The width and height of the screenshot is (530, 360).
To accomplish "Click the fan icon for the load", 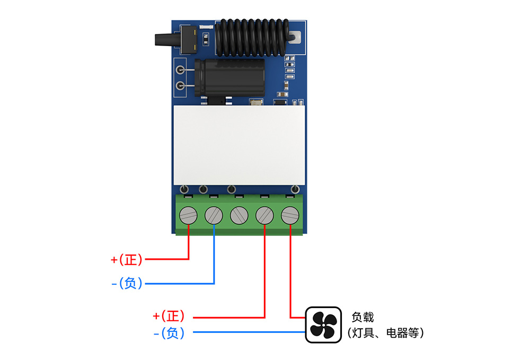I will pyautogui.click(x=323, y=324).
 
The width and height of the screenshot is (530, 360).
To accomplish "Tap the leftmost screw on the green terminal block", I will pyautogui.click(x=188, y=215).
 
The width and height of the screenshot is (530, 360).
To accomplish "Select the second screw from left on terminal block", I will pyautogui.click(x=214, y=215).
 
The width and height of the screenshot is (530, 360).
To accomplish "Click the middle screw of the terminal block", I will pyautogui.click(x=239, y=215).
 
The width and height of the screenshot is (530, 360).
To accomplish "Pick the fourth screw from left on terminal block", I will pyautogui.click(x=264, y=215).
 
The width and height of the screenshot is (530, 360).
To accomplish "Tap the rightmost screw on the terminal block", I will pyautogui.click(x=290, y=215).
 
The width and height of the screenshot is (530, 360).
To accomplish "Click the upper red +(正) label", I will pyautogui.click(x=127, y=259).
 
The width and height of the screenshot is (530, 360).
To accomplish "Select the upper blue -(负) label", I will pyautogui.click(x=127, y=283).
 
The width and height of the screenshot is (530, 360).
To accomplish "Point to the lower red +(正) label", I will pyautogui.click(x=169, y=317).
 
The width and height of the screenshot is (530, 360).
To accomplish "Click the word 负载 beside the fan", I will pyautogui.click(x=363, y=317).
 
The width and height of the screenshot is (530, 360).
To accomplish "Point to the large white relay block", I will pyautogui.click(x=240, y=144).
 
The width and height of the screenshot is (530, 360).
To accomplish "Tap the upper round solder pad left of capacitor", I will pyautogui.click(x=181, y=69).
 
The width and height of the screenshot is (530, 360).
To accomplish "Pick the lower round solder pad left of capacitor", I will pyautogui.click(x=181, y=86).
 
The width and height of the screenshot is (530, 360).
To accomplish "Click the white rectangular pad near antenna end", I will pyautogui.click(x=296, y=38).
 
